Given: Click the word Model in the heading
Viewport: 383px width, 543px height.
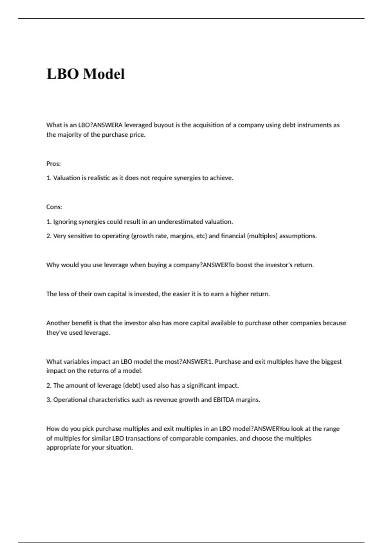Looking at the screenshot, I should (x=104, y=74).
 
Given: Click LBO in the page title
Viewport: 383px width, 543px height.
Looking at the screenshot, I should (x=63, y=74).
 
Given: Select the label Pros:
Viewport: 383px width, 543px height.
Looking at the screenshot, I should (x=53, y=164).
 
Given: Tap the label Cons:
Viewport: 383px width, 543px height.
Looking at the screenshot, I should (x=54, y=207).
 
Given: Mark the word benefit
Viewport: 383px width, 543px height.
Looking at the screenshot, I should (x=81, y=323).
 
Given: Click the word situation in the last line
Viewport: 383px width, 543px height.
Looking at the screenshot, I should (x=119, y=447).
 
